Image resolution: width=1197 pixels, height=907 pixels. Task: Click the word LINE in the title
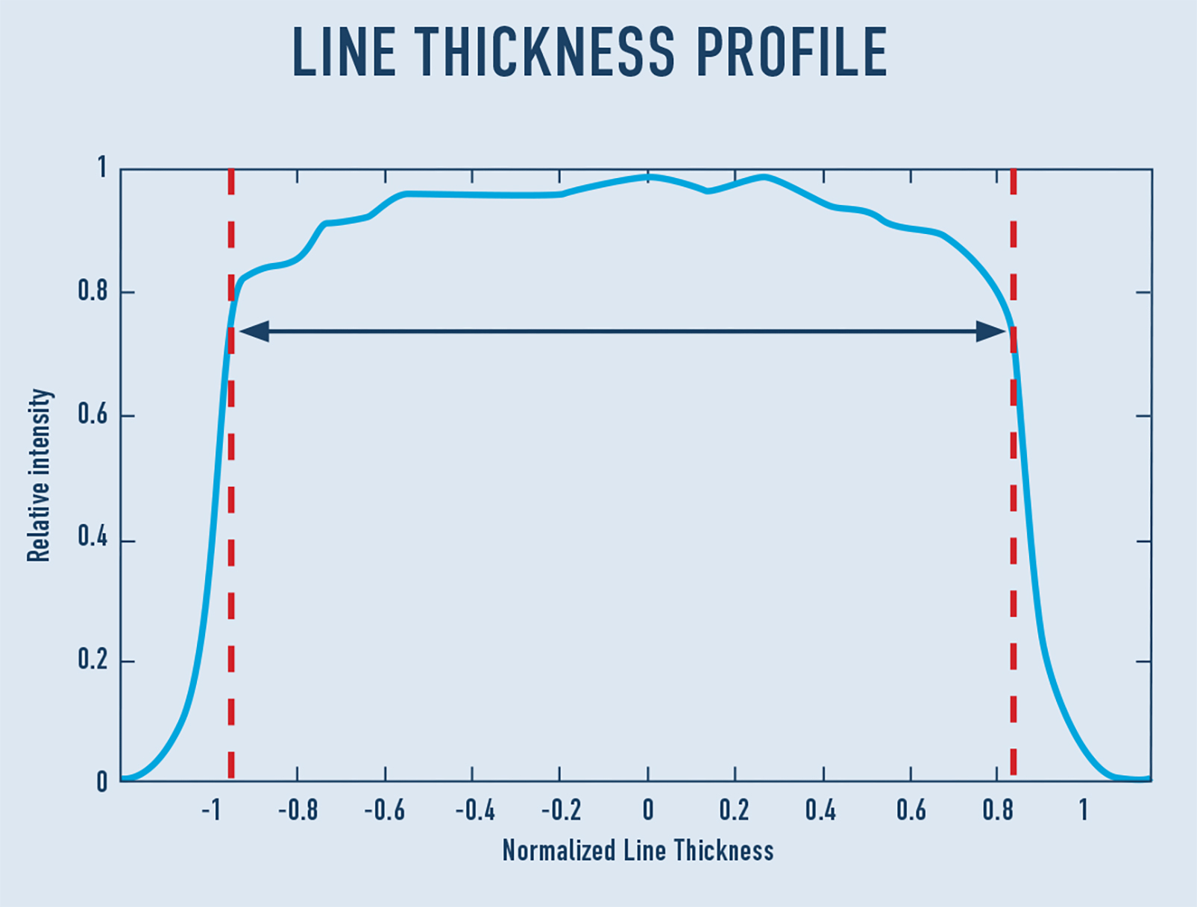tap(343, 52)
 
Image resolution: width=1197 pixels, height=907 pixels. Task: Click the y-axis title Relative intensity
tap(39, 475)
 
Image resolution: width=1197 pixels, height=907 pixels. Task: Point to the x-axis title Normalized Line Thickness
tap(638, 850)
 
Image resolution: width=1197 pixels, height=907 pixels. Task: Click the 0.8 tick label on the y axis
tap(92, 291)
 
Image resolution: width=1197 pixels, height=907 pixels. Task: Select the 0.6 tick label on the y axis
tap(92, 414)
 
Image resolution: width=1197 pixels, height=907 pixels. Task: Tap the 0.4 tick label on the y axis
tap(92, 537)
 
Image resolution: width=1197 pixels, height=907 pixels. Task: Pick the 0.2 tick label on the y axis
tap(92, 660)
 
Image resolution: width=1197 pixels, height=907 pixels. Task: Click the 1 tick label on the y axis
tap(102, 168)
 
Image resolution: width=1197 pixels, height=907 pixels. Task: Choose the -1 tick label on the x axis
tap(211, 810)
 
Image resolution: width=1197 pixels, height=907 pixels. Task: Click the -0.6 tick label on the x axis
tap(384, 810)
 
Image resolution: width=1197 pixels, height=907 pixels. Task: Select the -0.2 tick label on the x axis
tap(560, 810)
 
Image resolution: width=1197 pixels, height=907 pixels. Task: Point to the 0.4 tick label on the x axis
tap(820, 810)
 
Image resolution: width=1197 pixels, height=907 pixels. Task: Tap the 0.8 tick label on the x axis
tap(997, 810)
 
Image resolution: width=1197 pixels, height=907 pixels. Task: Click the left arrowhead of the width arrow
tap(254, 331)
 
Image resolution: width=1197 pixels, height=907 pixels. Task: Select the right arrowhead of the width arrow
tap(990, 331)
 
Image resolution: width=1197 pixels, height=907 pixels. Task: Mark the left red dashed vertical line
tap(231, 522)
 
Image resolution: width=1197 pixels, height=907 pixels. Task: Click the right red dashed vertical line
tap(1013, 522)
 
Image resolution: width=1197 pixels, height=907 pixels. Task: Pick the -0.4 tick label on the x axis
tap(474, 810)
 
